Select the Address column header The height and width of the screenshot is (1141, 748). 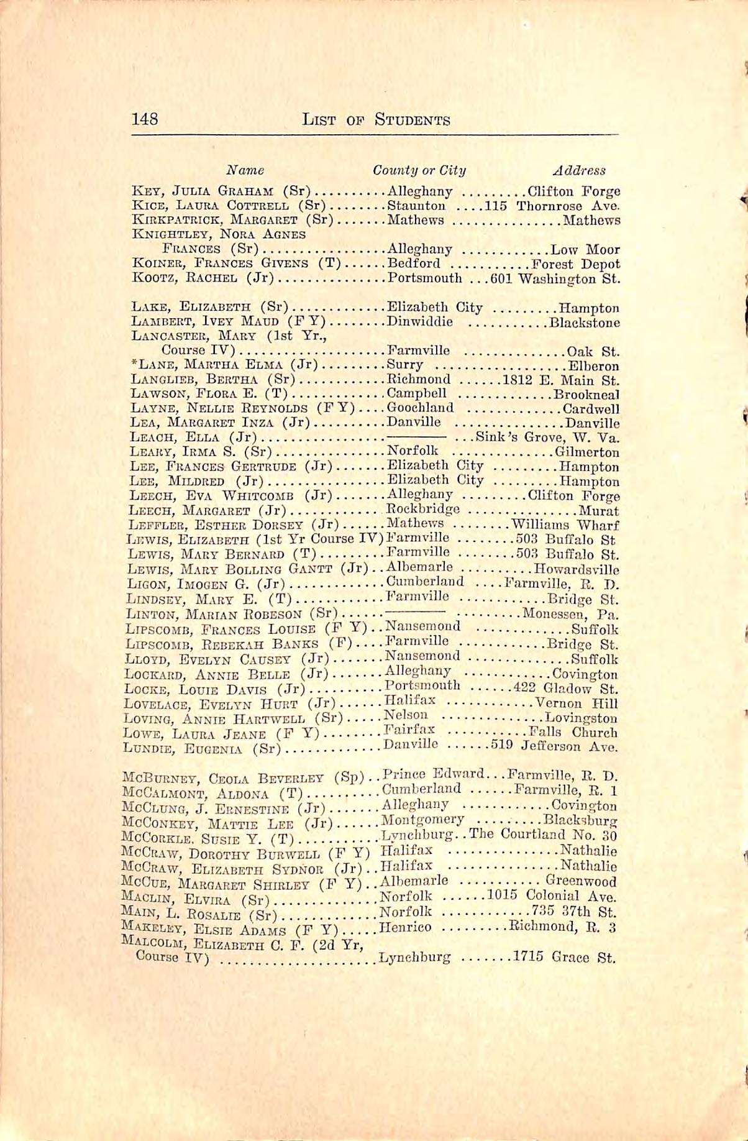pos(578,170)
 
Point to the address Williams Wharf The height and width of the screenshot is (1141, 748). pos(565,525)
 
